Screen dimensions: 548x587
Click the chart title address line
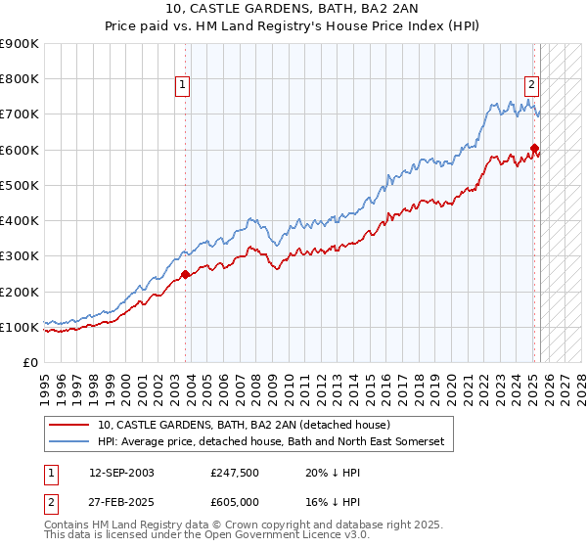click(293, 8)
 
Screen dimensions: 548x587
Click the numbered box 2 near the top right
click(531, 84)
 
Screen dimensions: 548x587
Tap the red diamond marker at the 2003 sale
click(186, 275)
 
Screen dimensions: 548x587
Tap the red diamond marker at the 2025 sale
click(534, 149)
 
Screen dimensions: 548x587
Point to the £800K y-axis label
click(20, 79)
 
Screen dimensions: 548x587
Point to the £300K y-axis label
click(20, 256)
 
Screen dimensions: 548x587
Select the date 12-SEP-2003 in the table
click(121, 472)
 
